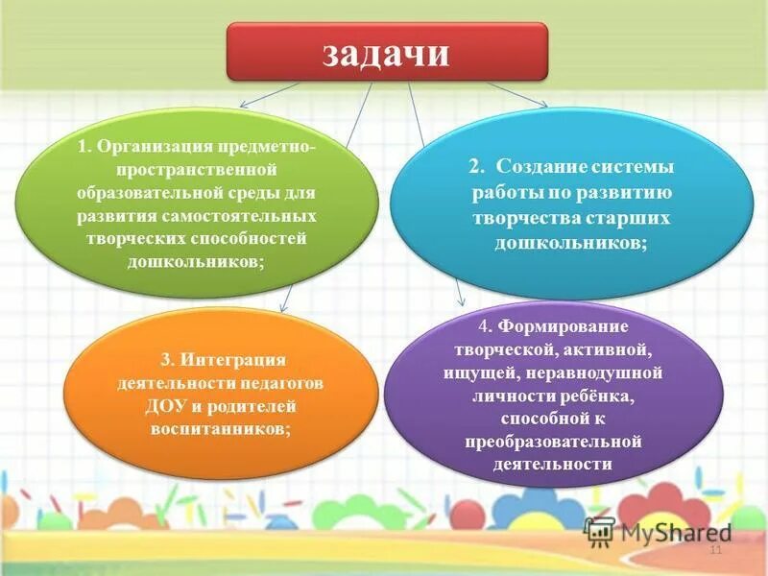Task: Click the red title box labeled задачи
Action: click(386, 52)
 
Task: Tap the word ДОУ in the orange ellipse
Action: click(163, 404)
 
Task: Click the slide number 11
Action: click(714, 551)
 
